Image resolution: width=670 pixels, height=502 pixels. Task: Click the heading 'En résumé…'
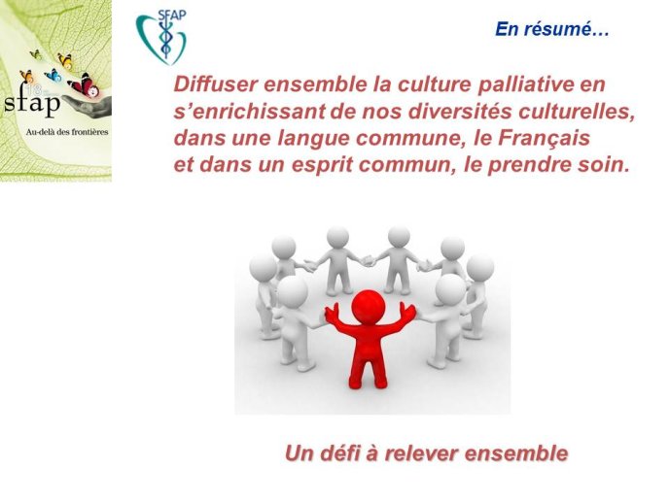[x=551, y=29]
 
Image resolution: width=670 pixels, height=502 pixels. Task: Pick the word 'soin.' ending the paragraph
[x=603, y=165]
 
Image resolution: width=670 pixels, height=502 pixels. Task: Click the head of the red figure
[x=368, y=306]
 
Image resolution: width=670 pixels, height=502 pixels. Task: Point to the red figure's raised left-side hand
[x=332, y=313]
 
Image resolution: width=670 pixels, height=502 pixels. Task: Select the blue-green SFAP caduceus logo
[x=161, y=37]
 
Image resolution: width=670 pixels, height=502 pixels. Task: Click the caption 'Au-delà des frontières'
[x=67, y=132]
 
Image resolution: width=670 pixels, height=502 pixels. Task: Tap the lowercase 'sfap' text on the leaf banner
[x=32, y=102]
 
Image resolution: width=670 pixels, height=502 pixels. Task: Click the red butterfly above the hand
[x=85, y=85]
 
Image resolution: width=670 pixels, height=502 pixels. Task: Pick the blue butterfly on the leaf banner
[x=53, y=76]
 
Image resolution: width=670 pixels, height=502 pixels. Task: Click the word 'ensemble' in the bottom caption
[x=515, y=452]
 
